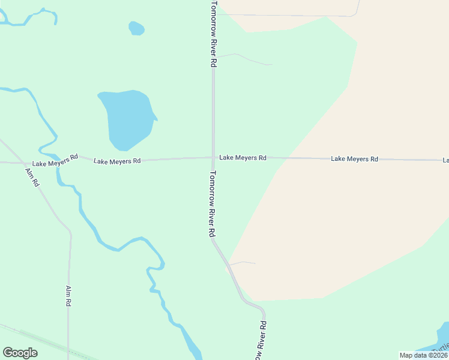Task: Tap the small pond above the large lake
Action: pyautogui.click(x=136, y=28)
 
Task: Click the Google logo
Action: pyautogui.click(x=20, y=352)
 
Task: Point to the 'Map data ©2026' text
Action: pyautogui.click(x=423, y=355)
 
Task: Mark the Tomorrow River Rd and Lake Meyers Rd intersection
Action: pyautogui.click(x=212, y=158)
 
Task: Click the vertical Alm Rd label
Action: pyautogui.click(x=68, y=296)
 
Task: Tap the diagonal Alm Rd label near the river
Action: pyautogui.click(x=32, y=177)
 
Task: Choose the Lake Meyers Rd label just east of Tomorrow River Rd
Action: pyautogui.click(x=243, y=157)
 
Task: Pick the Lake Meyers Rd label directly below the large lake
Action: pyautogui.click(x=116, y=161)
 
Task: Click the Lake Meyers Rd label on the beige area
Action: pyautogui.click(x=354, y=159)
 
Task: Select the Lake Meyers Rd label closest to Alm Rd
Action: pyautogui.click(x=55, y=160)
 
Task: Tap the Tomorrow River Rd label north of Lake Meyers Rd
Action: pyautogui.click(x=213, y=33)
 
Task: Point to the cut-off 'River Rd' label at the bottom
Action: pyautogui.click(x=261, y=341)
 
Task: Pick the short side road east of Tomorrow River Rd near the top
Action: pyautogui.click(x=246, y=58)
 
